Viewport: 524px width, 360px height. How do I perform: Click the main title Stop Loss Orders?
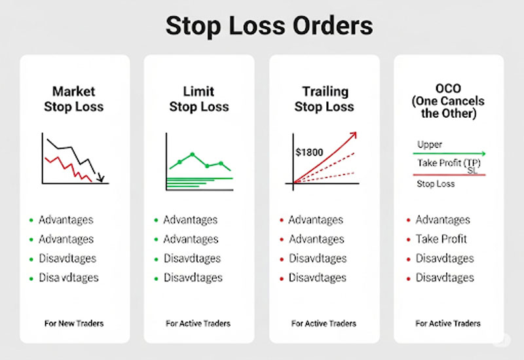pyautogui.click(x=269, y=27)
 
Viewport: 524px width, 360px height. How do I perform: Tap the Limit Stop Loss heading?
pyautogui.click(x=198, y=99)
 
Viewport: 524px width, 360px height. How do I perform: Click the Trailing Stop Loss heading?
pyautogui.click(x=324, y=99)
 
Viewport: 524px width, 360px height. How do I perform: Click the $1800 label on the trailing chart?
pyautogui.click(x=310, y=152)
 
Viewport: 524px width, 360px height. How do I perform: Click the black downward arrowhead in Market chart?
pyautogui.click(x=100, y=176)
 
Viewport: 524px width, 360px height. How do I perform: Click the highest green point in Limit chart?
pyautogui.click(x=193, y=155)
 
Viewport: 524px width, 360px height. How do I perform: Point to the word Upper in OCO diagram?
pyautogui.click(x=430, y=144)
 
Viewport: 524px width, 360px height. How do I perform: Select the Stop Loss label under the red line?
pyautogui.click(x=436, y=184)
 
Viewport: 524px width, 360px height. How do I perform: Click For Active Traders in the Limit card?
pyautogui.click(x=198, y=323)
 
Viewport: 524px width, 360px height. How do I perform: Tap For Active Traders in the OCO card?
pyautogui.click(x=448, y=323)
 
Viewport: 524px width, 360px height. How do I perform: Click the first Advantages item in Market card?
pyautogui.click(x=65, y=220)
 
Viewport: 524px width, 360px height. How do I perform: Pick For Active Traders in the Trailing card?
pyautogui.click(x=324, y=323)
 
